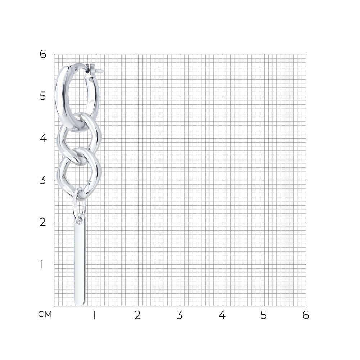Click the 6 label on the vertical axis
pyautogui.click(x=43, y=54)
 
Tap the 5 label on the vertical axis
pyautogui.click(x=43, y=96)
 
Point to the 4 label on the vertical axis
pyautogui.click(x=43, y=138)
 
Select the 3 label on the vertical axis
pyautogui.click(x=43, y=180)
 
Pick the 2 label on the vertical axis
pyautogui.click(x=43, y=222)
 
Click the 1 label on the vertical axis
pyautogui.click(x=41, y=264)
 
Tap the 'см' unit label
pyautogui.click(x=45, y=314)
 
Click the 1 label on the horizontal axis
pyautogui.click(x=94, y=315)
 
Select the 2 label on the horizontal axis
pyautogui.click(x=138, y=315)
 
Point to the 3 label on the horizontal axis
pyautogui.click(x=180, y=315)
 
